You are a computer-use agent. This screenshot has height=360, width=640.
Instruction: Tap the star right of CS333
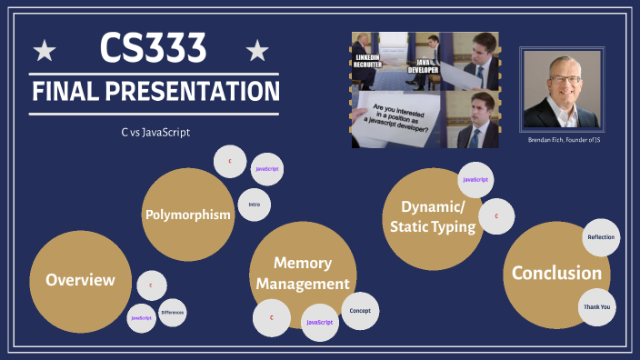(x=258, y=49)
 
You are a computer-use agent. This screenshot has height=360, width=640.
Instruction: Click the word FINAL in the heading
(x=70, y=92)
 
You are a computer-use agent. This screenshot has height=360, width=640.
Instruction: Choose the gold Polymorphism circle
(x=185, y=215)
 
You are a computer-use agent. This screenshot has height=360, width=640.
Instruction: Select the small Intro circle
(x=254, y=205)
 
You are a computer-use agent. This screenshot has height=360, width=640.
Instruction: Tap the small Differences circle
(x=172, y=313)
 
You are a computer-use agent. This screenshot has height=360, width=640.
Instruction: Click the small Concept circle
(x=359, y=311)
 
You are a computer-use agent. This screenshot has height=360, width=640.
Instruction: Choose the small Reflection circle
(x=601, y=237)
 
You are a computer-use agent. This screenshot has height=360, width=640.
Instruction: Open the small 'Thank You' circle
(x=596, y=307)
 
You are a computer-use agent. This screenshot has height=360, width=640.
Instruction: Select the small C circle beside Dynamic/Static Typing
(x=496, y=216)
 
